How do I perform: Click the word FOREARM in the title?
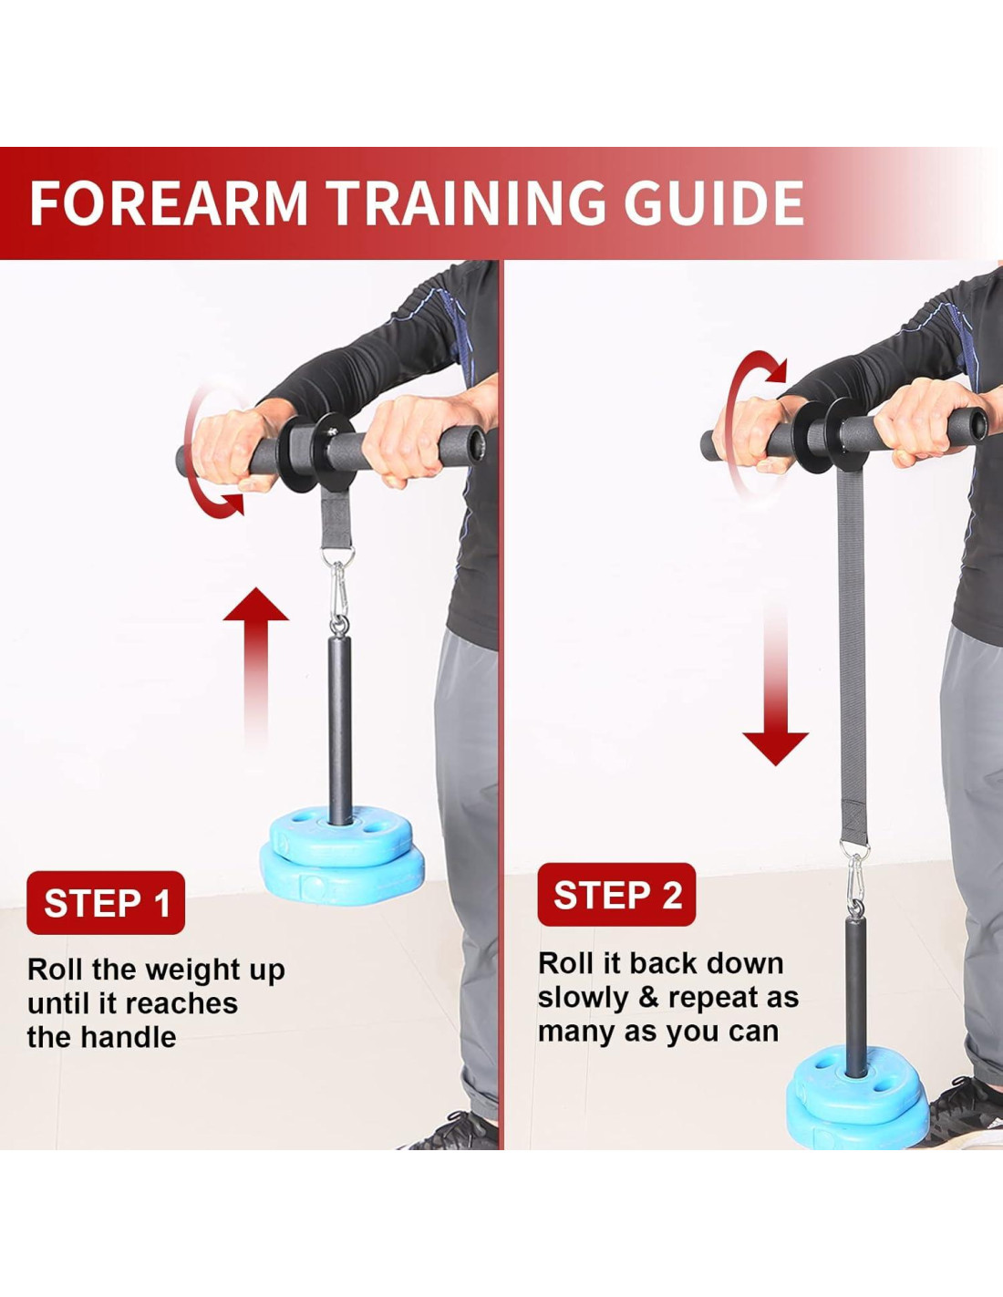169,203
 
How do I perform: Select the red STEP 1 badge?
106,902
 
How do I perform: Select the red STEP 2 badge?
616,895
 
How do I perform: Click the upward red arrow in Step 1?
256,667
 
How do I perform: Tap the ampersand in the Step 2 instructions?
648,997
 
